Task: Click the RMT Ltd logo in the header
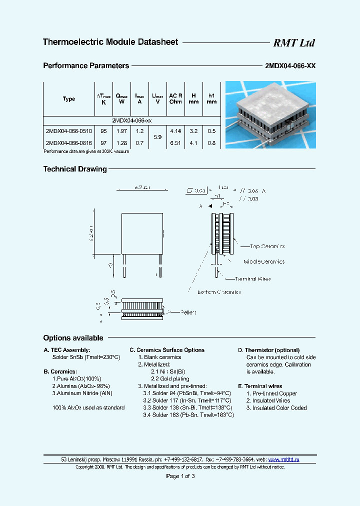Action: pyautogui.click(x=293, y=43)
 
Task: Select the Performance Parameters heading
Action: pyautogui.click(x=86, y=65)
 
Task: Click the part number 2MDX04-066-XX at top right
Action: pyautogui.click(x=289, y=65)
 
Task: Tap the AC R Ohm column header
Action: pyautogui.click(x=175, y=98)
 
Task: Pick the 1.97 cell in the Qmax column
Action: pyautogui.click(x=121, y=131)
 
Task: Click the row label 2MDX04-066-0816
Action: pyautogui.click(x=68, y=142)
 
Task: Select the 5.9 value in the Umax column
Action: pyautogui.click(x=157, y=136)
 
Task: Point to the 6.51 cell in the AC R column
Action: pyautogui.click(x=175, y=142)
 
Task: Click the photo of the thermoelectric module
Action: pyautogui.click(x=270, y=114)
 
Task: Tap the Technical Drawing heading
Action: pyautogui.click(x=75, y=169)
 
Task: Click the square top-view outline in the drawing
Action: pyautogui.click(x=142, y=234)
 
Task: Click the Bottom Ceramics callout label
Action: pyautogui.click(x=219, y=292)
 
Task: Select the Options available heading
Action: pyautogui.click(x=73, y=338)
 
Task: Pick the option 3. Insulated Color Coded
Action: pyautogui.click(x=276, y=408)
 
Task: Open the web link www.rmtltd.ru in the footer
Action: pyautogui.click(x=283, y=459)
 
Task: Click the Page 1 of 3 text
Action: pyautogui.click(x=180, y=476)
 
